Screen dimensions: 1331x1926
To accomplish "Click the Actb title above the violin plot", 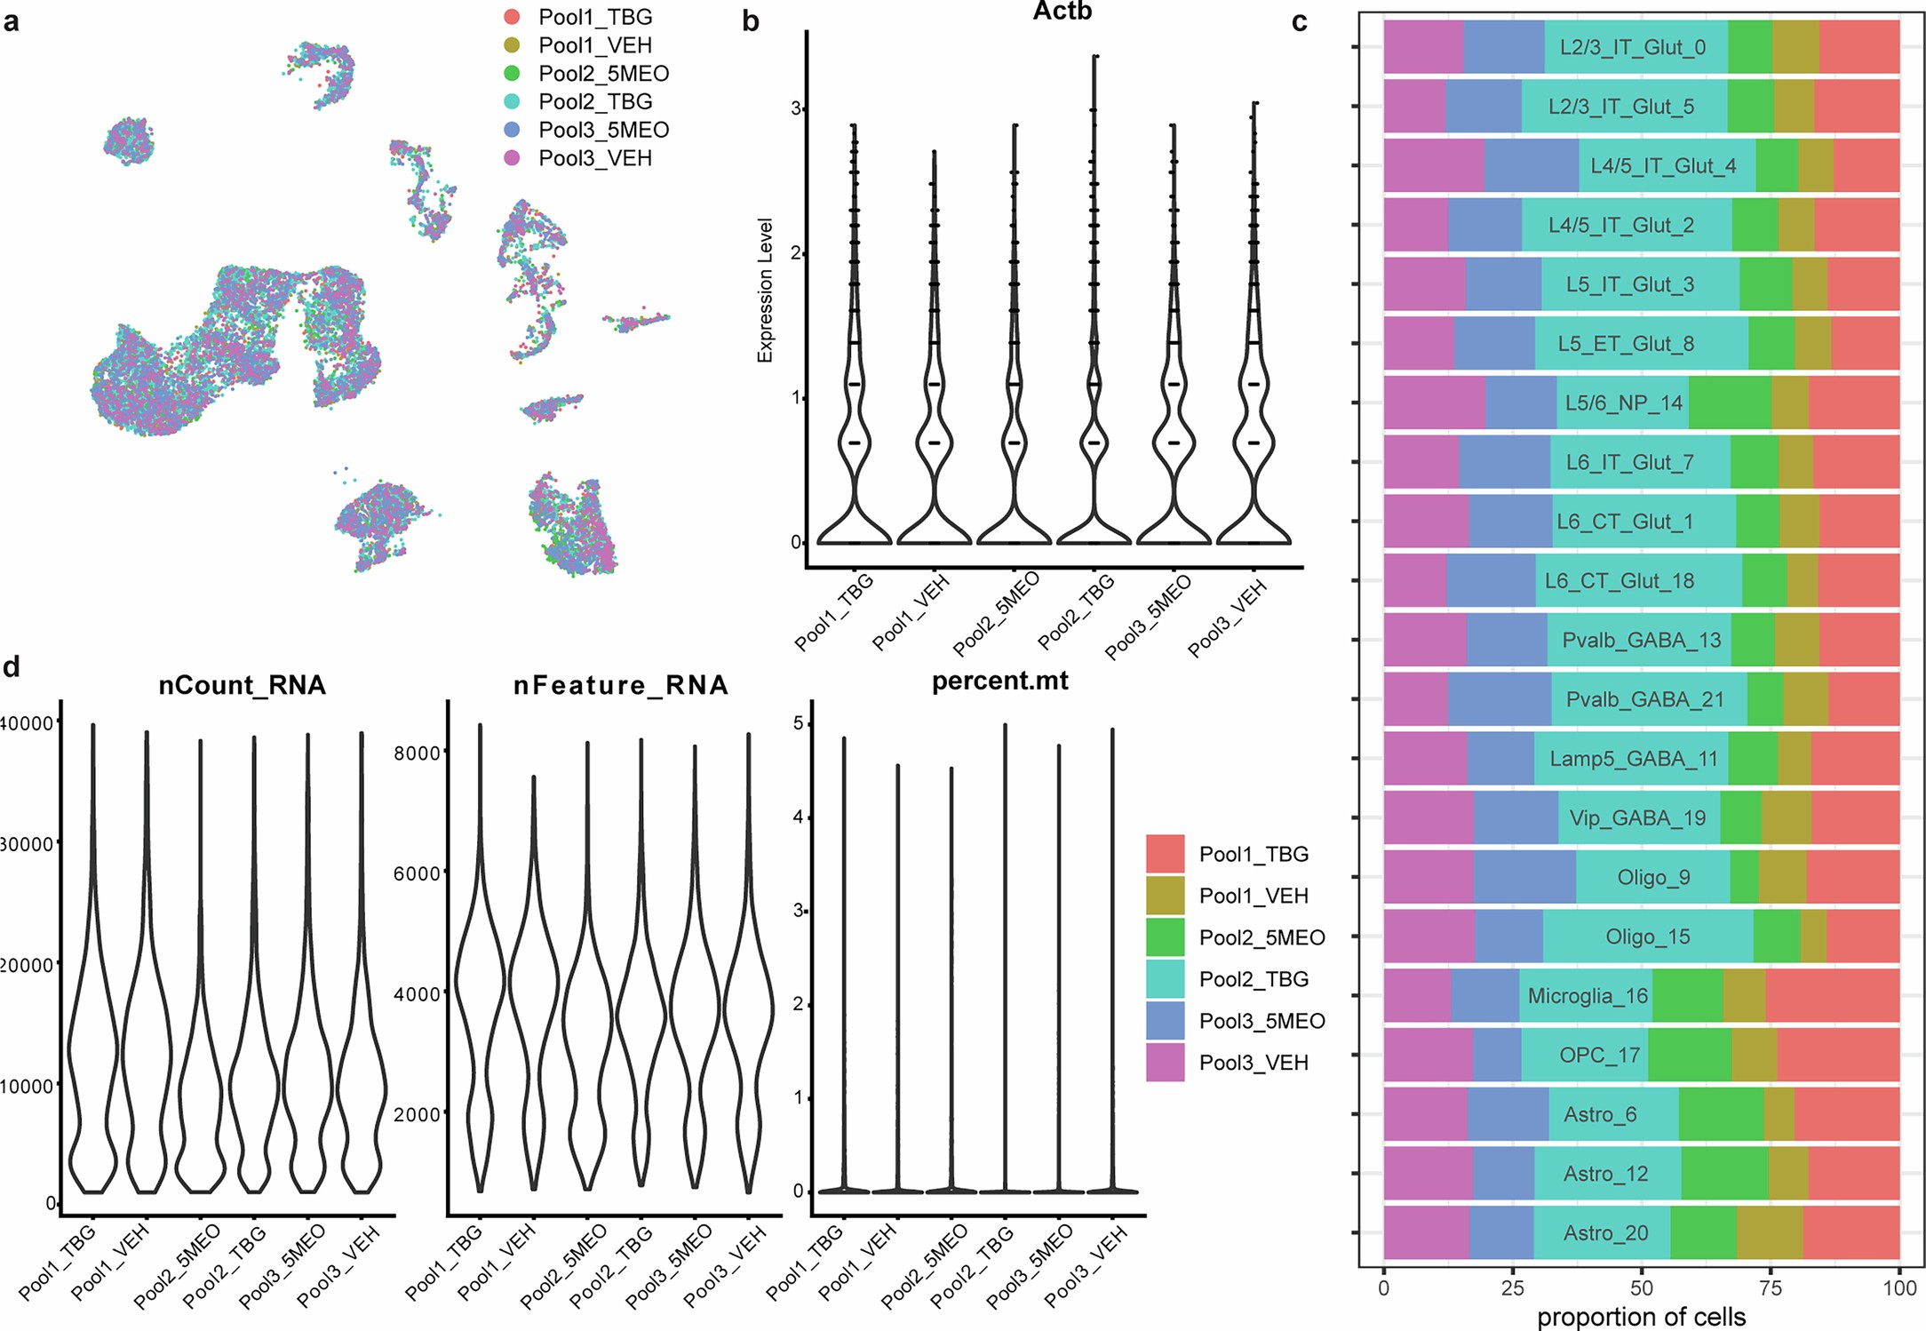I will click(1062, 12).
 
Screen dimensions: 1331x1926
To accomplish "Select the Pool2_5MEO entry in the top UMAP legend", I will click(602, 74).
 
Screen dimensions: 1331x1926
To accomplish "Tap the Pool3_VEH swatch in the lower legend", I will click(1164, 1063).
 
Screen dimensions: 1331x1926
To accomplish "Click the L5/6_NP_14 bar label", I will click(1623, 402).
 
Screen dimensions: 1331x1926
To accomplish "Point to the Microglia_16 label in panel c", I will click(1588, 996).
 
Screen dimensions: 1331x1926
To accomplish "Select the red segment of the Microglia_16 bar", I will click(1832, 996).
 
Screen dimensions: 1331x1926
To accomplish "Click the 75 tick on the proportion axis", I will click(1771, 1289).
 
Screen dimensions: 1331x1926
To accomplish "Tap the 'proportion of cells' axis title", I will click(1641, 1317).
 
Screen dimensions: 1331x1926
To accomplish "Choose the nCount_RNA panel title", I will click(242, 685).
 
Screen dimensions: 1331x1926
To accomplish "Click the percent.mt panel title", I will click(999, 681).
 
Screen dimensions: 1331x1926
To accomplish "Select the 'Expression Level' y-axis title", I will click(765, 291).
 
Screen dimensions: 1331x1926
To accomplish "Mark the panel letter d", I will click(12, 667).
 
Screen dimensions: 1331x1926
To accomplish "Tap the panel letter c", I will click(1299, 21).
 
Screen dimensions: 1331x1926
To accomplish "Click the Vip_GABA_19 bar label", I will click(1637, 817).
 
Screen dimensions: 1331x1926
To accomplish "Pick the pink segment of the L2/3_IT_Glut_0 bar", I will click(1422, 47).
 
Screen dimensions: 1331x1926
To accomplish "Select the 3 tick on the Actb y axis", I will click(796, 108).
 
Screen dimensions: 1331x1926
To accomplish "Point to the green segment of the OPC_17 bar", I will click(1689, 1056).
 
